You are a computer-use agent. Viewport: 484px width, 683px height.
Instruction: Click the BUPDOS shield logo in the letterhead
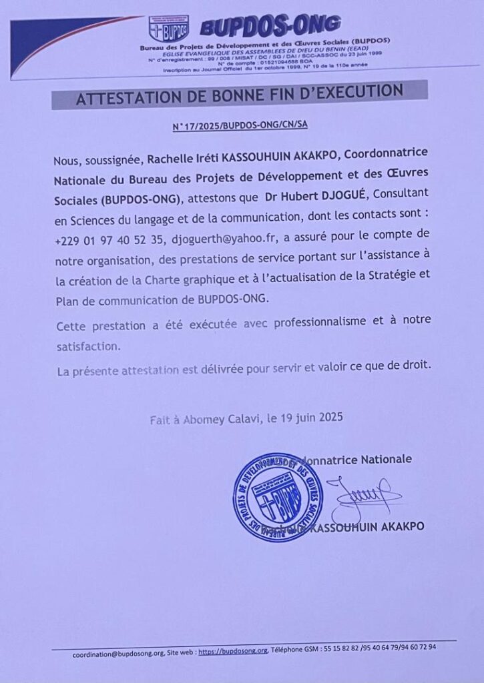[168, 29]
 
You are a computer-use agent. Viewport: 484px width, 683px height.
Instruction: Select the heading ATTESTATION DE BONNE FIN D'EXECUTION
[239, 96]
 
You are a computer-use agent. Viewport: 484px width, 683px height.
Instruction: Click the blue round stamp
[278, 497]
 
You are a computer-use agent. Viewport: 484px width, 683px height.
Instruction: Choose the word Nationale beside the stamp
[385, 459]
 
